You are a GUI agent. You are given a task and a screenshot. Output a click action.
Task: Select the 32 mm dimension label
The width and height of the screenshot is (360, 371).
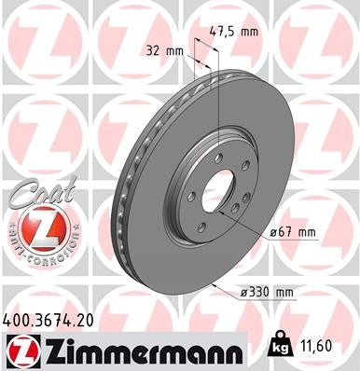coord(161,51)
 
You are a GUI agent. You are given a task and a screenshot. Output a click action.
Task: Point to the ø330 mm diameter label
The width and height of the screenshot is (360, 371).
coord(268,293)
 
